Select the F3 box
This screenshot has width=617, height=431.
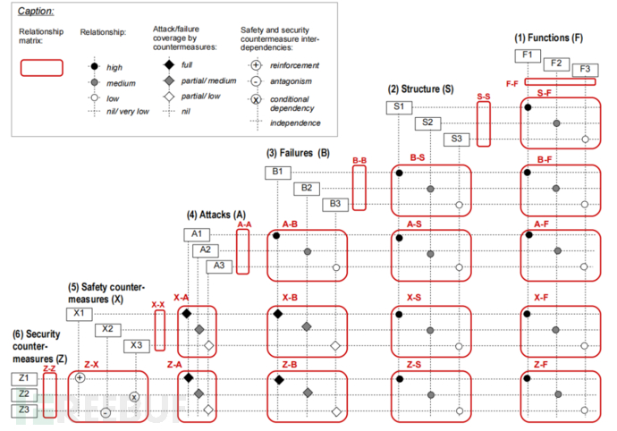pyautogui.click(x=586, y=69)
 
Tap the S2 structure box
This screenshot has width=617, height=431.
pyautogui.click(x=427, y=123)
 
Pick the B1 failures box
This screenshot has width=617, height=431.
pyautogui.click(x=277, y=172)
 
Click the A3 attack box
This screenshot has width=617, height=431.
pyautogui.click(x=217, y=266)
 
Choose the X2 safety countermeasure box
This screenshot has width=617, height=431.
pyautogui.click(x=107, y=329)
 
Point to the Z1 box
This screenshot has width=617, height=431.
pyautogui.click(x=23, y=378)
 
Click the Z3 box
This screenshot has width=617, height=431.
pyautogui.click(x=23, y=410)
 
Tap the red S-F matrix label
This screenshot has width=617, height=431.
pyautogui.click(x=545, y=93)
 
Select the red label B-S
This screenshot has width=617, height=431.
pyautogui.click(x=416, y=157)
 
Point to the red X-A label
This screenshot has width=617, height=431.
pyautogui.click(x=181, y=297)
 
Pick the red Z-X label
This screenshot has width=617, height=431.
pyautogui.click(x=91, y=364)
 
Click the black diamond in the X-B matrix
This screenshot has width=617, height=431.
pyautogui.click(x=277, y=313)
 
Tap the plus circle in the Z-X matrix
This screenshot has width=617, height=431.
pyautogui.click(x=80, y=378)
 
